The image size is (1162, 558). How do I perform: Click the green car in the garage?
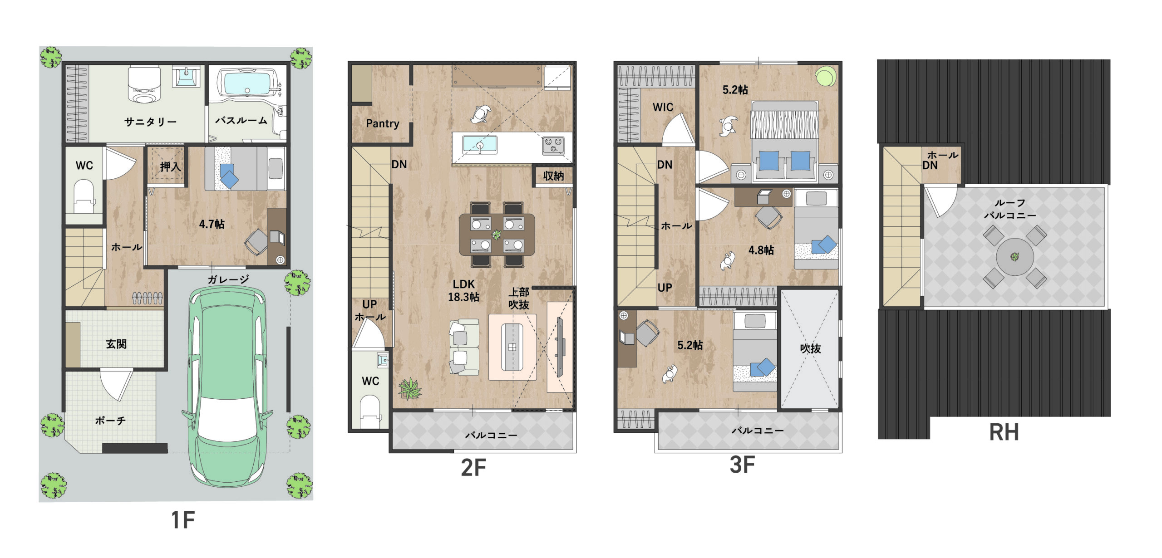pos(227,386)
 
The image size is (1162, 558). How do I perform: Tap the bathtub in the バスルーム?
pos(247,83)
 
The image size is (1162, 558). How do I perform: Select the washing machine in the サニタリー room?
pos(144,85)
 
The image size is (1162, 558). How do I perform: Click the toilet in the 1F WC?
pos(84,196)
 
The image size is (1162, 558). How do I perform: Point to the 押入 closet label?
pos(170,166)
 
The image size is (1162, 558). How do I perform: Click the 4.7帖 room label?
pos(212,224)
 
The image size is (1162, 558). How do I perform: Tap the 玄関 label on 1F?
pos(116,344)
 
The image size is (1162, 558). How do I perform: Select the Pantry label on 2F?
pos(383,123)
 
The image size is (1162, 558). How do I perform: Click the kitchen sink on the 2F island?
pos(479,145)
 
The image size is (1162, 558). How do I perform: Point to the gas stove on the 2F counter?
pos(553,145)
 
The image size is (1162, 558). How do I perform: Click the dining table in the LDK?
pos(497,235)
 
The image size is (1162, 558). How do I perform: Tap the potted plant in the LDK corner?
pos(409,389)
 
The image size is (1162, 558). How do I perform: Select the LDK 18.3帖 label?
pos(463,291)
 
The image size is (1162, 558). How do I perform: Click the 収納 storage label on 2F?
pos(553,176)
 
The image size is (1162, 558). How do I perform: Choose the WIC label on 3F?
pos(663,108)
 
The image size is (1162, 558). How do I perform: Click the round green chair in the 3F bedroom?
pos(826,76)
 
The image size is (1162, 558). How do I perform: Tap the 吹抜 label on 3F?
pos(810,348)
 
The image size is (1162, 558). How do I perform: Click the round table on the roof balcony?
pos(1015,257)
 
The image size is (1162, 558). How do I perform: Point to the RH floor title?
pos(1004,432)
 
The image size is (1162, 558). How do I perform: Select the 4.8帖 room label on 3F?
pos(761,250)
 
